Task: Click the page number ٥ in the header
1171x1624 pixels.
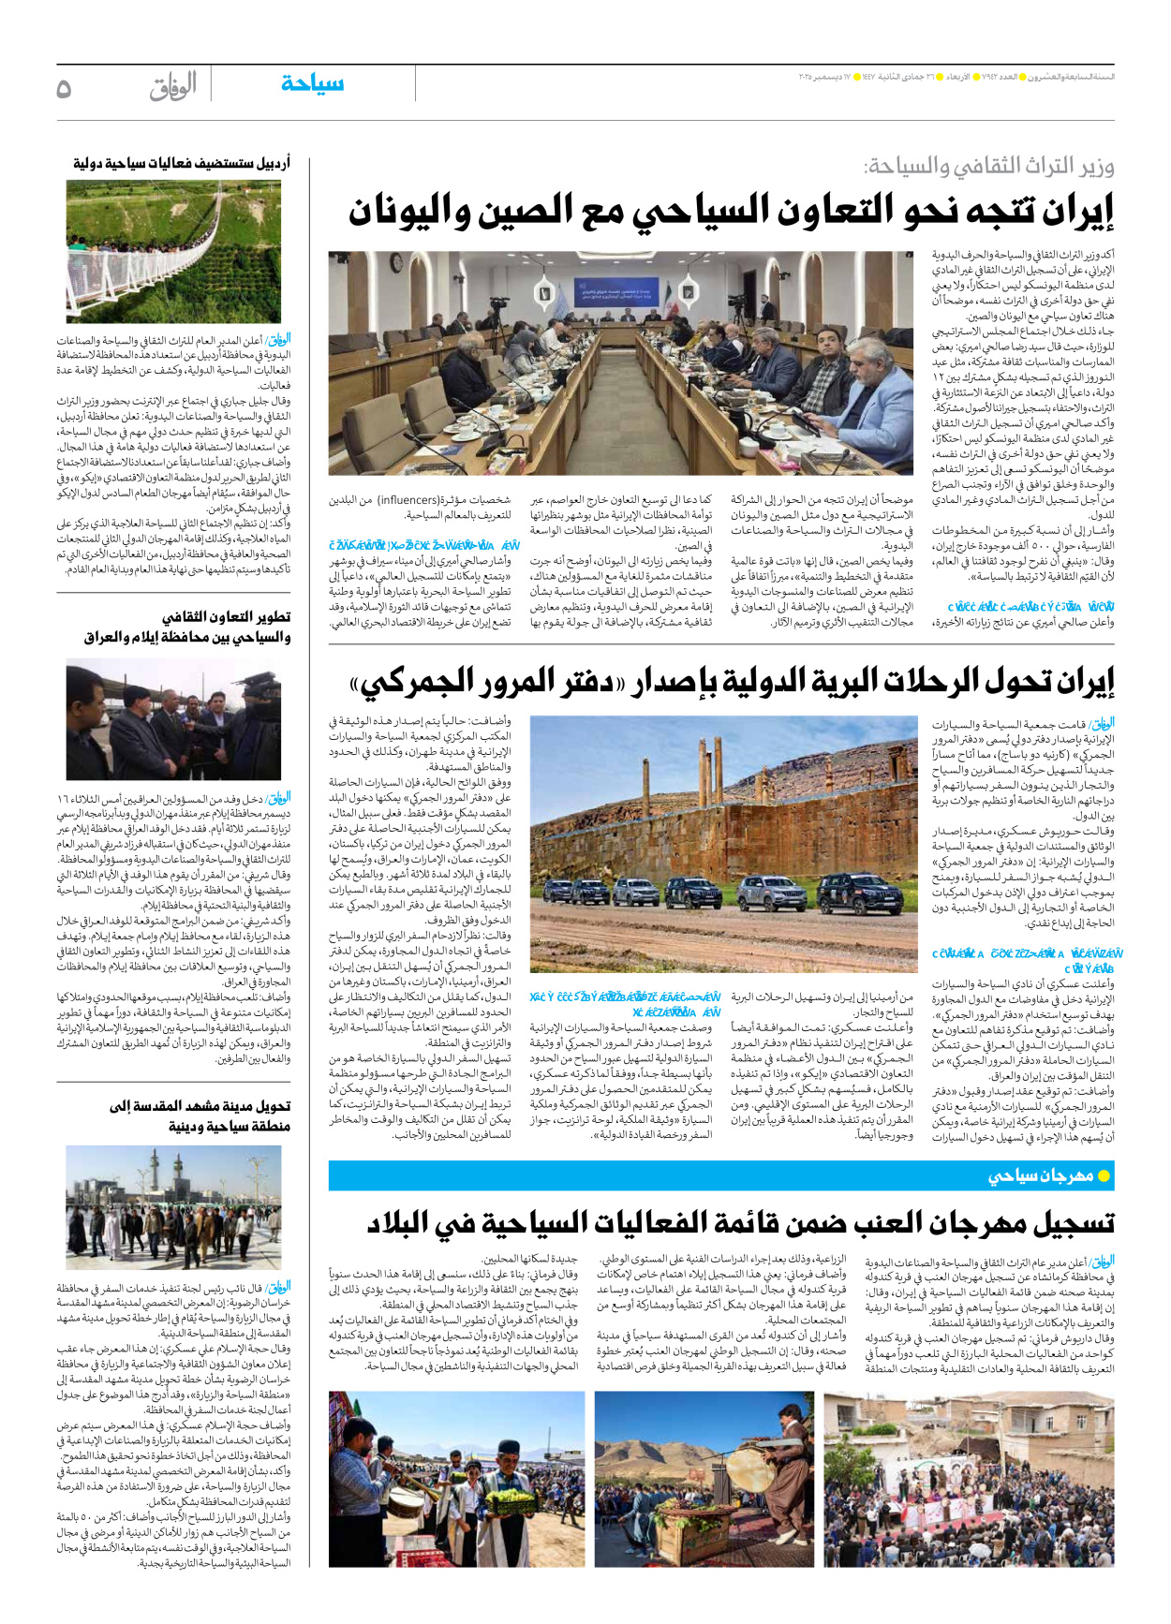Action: (x=64, y=88)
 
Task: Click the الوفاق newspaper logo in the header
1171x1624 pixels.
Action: (x=172, y=87)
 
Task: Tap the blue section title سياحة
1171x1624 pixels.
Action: (x=312, y=84)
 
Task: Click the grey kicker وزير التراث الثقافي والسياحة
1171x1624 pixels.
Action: (x=988, y=168)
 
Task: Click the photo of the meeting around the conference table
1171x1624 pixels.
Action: (x=620, y=363)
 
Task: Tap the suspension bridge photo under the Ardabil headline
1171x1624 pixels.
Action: (x=173, y=251)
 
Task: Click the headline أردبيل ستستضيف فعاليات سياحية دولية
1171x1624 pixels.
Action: (x=182, y=163)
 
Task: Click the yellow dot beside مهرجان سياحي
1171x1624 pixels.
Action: (x=1104, y=1175)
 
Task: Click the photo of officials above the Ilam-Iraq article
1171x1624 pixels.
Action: (x=173, y=719)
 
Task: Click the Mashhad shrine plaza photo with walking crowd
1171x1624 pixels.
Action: (x=173, y=1207)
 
